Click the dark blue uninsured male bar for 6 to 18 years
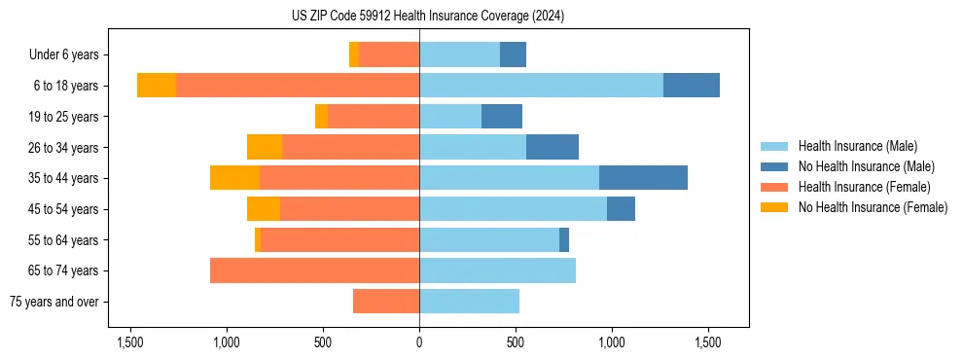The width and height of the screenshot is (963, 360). (x=692, y=86)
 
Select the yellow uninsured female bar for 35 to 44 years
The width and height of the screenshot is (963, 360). (x=234, y=178)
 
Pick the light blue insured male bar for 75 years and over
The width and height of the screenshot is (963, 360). (x=469, y=302)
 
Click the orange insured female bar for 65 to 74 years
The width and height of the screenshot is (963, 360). (x=314, y=270)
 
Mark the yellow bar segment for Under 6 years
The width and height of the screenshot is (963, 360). (x=354, y=55)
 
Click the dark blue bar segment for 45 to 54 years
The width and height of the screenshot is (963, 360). (x=621, y=209)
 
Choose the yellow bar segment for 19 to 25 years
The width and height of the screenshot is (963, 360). (x=321, y=117)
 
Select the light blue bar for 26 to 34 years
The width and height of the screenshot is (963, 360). (x=473, y=147)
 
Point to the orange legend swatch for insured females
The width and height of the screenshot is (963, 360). (x=774, y=187)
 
